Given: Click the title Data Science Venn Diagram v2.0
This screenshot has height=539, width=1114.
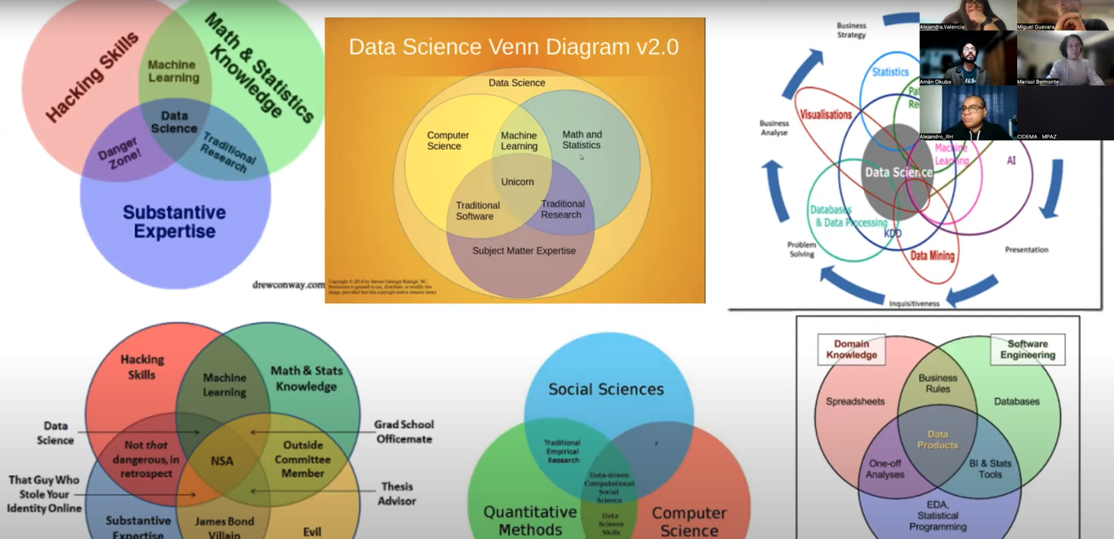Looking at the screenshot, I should coord(513,47).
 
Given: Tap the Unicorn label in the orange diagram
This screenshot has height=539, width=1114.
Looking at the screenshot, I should coord(517,182).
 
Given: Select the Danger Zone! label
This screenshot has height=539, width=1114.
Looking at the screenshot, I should coord(119,153).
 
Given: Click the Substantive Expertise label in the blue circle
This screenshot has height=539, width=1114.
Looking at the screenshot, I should coord(174,222).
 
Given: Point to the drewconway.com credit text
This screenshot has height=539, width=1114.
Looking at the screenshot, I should coord(288,284).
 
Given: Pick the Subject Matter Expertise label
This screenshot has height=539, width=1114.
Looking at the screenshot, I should coord(524,251).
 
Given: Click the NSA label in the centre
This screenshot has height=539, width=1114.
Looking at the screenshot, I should coord(222,461).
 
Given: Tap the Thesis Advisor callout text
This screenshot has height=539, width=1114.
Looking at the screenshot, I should coord(396,494).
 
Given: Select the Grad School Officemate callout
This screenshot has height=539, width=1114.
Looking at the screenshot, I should coord(404,432).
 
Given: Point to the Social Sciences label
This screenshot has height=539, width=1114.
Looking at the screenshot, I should coord(606,389).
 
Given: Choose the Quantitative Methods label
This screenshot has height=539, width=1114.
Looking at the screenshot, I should coord(530,521).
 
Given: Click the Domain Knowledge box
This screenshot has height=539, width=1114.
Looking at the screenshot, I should coord(851,349).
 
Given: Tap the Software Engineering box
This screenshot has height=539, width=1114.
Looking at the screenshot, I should coord(1028,349).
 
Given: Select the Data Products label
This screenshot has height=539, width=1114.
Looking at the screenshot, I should coord(938,439).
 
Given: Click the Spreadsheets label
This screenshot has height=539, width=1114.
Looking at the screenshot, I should coord(855,402).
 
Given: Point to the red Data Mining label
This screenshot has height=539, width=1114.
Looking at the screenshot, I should coord(932,256).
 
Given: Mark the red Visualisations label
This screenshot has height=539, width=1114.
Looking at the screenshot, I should coord(826,115).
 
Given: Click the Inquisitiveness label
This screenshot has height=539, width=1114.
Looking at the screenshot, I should coord(914,304).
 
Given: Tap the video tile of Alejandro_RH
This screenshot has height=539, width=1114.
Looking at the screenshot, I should coord(968,113).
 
